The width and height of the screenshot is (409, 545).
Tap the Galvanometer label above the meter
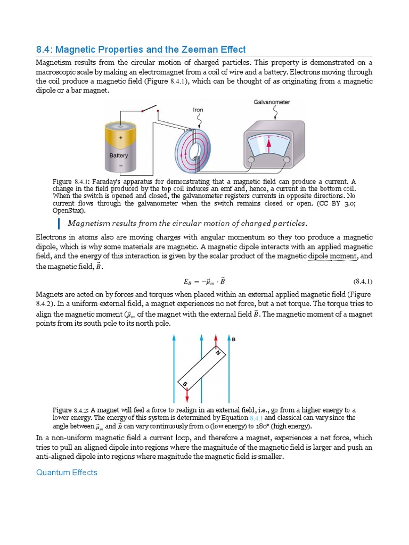click(272, 102)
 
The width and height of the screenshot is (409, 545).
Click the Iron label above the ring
click(198, 110)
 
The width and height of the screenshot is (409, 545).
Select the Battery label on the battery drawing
click(119, 155)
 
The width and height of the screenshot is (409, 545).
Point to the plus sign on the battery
click(120, 137)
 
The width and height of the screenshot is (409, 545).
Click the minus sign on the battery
click(120, 166)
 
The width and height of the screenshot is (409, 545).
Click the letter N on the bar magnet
click(217, 353)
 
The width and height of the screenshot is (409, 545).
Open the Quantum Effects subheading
click(67, 472)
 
